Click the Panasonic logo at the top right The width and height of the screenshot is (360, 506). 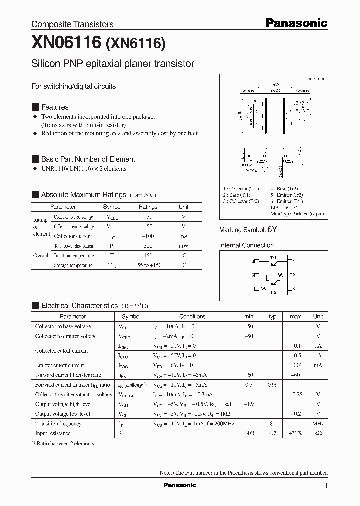click(x=295, y=23)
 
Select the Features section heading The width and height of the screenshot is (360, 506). click(x=54, y=107)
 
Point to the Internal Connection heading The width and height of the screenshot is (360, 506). click(x=246, y=245)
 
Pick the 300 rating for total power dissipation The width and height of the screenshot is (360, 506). click(x=148, y=246)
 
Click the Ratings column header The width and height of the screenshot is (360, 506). click(x=148, y=207)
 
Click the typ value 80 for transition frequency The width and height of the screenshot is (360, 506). click(x=272, y=423)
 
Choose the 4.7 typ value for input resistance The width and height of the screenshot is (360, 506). click(x=272, y=433)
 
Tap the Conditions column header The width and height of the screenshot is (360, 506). click(x=192, y=316)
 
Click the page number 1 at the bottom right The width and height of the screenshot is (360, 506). click(x=326, y=486)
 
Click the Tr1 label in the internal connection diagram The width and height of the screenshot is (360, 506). click(x=273, y=257)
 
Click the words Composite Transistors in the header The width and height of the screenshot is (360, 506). click(x=72, y=24)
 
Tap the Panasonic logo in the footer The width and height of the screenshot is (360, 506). click(x=180, y=485)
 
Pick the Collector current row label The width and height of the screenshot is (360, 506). click(x=73, y=236)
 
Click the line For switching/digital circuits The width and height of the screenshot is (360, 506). click(x=73, y=86)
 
